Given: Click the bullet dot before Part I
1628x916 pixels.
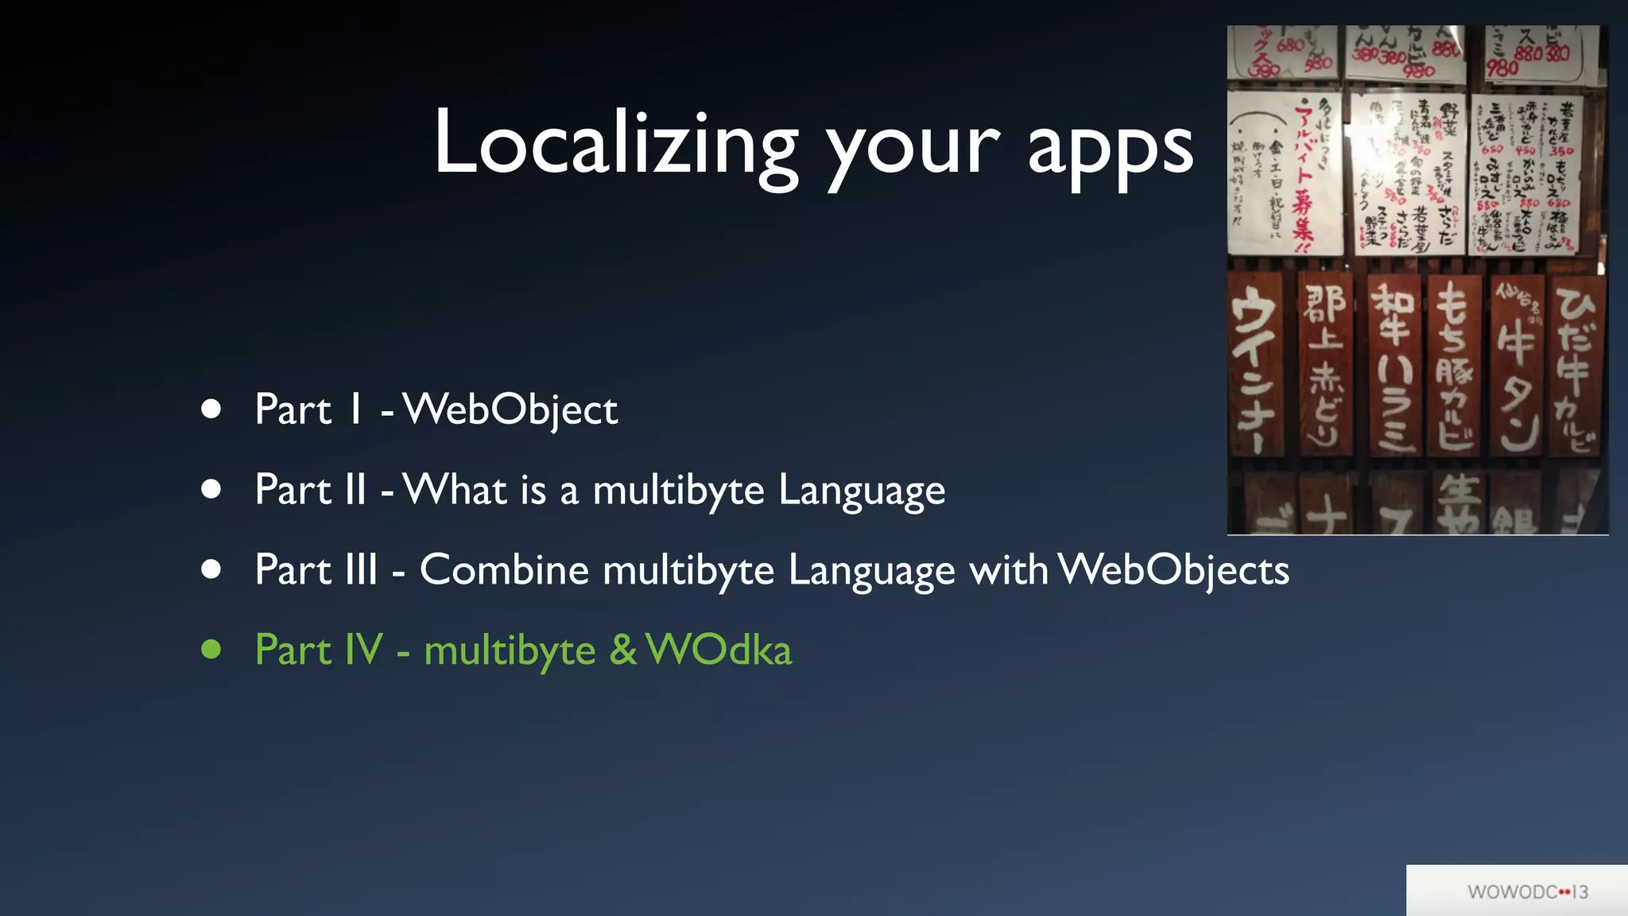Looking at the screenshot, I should [211, 409].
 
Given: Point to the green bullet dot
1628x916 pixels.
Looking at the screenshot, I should [211, 650].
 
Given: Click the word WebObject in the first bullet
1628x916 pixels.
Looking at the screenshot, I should [510, 410].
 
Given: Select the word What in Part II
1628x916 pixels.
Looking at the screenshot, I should [455, 489].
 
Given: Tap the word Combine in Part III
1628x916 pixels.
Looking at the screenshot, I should [504, 569].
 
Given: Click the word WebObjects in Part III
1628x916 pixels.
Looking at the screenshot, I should [1174, 569].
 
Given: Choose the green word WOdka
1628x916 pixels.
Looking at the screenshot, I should [719, 650].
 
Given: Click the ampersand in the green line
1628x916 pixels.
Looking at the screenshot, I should [623, 650].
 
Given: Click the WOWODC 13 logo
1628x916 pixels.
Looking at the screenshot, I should [1527, 892].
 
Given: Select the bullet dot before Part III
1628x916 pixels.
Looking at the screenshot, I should [211, 569].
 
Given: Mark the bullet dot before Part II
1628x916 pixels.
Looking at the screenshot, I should [211, 489].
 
